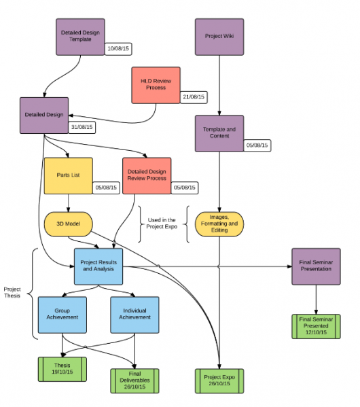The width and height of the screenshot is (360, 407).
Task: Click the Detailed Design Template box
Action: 80,37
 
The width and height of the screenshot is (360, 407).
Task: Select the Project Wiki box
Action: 219,37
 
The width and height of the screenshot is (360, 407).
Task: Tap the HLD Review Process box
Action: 156,86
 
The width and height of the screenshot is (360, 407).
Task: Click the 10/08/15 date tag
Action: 118,49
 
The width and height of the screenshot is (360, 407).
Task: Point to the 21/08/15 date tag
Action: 194,97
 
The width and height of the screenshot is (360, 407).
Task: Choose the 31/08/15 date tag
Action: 82,128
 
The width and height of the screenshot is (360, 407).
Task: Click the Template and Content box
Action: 219,133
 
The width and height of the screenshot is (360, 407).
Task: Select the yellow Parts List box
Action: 68,176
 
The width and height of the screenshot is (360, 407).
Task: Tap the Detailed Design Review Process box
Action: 147,176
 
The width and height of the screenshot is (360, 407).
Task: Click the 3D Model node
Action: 68,224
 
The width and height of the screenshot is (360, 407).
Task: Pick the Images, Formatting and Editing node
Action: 219,224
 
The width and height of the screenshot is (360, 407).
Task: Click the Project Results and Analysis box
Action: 98,266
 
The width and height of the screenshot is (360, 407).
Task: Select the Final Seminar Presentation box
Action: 316,266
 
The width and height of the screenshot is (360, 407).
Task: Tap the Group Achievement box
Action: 62,315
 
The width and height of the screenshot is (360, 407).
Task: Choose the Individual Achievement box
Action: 134,315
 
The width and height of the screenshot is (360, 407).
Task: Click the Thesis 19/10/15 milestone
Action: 62,369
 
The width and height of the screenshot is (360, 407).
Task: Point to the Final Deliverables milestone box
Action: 134,381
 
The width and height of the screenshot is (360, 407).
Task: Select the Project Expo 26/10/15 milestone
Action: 219,381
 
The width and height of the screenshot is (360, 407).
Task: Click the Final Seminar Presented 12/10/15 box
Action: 316,327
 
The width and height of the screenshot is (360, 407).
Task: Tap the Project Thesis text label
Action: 12,293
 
